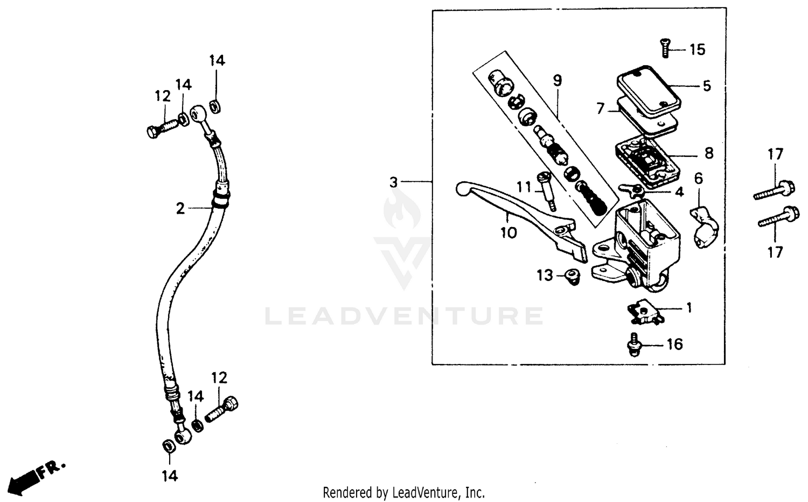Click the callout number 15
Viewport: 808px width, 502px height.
pyautogui.click(x=697, y=50)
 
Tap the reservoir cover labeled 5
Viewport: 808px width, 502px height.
pyautogui.click(x=649, y=93)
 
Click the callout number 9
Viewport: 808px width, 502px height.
pyautogui.click(x=557, y=81)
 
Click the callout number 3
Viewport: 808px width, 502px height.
pyautogui.click(x=394, y=182)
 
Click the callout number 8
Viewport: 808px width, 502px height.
pyautogui.click(x=709, y=153)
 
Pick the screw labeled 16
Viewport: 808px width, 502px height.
pyautogui.click(x=635, y=345)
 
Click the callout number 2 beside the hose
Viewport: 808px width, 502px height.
pyautogui.click(x=180, y=208)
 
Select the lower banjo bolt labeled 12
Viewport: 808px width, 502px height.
pyautogui.click(x=222, y=409)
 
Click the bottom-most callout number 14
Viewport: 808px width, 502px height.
pyautogui.click(x=169, y=476)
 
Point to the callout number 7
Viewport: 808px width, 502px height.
pyautogui.click(x=601, y=108)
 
